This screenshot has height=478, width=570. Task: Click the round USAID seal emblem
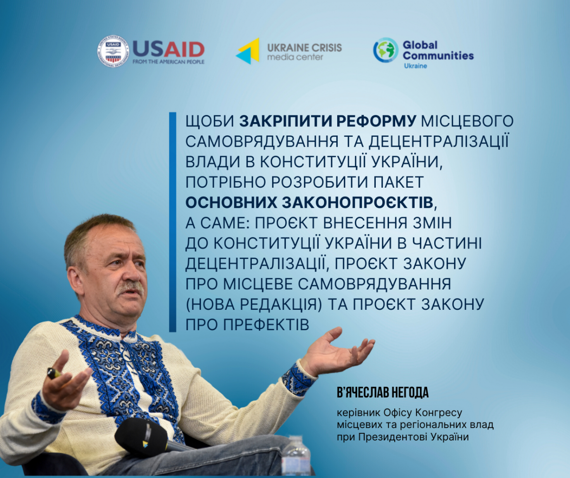pyautogui.click(x=113, y=51)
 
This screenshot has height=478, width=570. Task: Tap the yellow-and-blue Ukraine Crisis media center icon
pyautogui.click(x=247, y=51)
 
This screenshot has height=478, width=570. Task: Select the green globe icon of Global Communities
pyautogui.click(x=386, y=50)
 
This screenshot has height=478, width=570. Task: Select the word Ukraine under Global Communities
pyautogui.click(x=415, y=66)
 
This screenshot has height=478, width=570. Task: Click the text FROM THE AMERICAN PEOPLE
pyautogui.click(x=169, y=61)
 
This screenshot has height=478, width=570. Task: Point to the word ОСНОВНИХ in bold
pyautogui.click(x=231, y=202)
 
